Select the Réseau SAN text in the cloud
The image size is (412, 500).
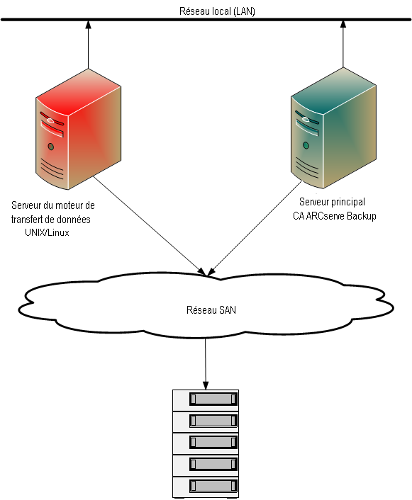click(x=206, y=309)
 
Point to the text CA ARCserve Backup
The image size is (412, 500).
click(x=334, y=215)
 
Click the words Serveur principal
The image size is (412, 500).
click(x=332, y=202)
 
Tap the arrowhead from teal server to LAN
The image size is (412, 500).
click(x=345, y=26)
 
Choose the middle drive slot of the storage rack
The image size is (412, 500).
click(x=212, y=443)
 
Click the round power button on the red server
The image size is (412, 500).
click(x=50, y=147)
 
